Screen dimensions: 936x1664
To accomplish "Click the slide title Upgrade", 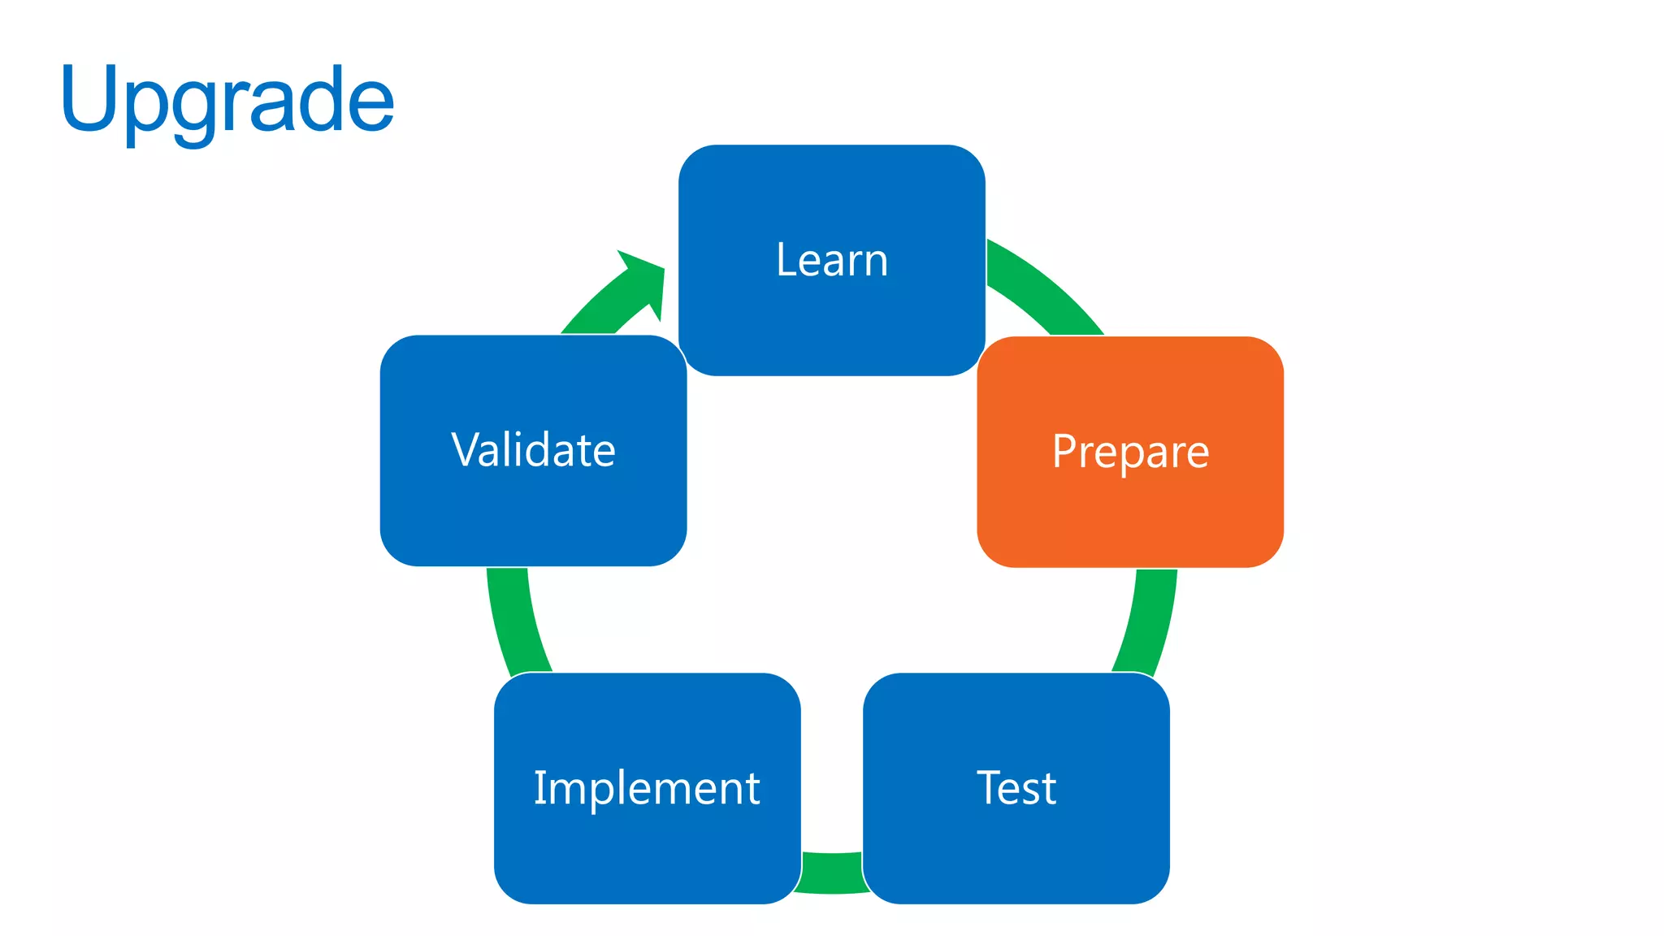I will (227, 102).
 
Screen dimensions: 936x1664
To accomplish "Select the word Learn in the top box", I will (832, 260).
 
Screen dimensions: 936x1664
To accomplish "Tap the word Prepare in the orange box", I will (1130, 452).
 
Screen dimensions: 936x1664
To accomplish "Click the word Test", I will (1016, 788).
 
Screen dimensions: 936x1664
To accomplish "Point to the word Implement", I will (647, 788).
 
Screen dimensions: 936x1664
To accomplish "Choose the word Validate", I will (533, 450).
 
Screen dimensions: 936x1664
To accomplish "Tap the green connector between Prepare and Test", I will (1148, 622).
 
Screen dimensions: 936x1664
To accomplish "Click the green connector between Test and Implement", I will (832, 873).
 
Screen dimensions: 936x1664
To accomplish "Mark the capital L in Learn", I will (786, 260).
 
